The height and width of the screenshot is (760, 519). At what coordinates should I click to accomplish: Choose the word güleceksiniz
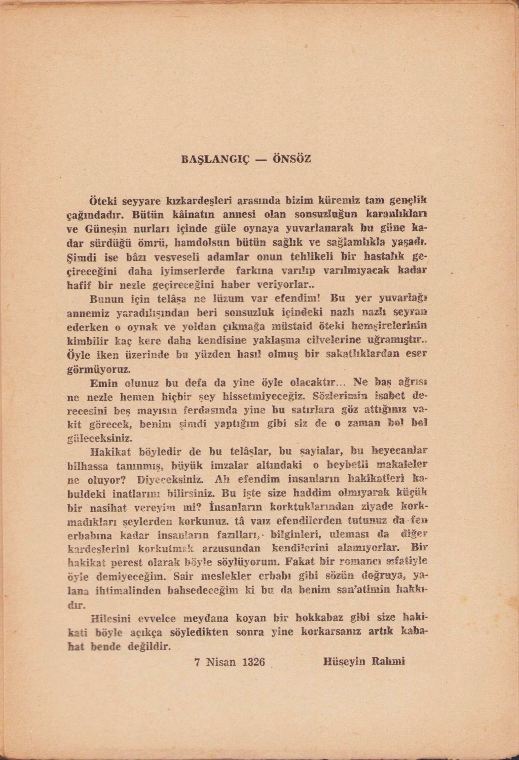[100, 437]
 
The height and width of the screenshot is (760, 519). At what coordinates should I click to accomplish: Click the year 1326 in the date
[253, 662]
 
